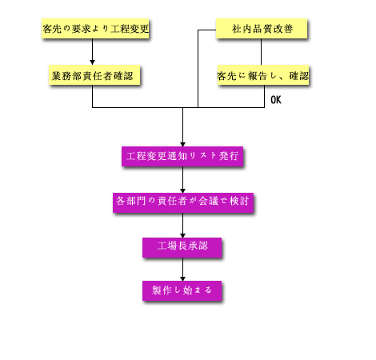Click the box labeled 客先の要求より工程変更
point(95,29)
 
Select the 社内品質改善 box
point(262,29)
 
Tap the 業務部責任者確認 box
point(94,75)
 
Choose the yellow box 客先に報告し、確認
point(263,75)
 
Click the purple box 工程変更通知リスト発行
point(182,156)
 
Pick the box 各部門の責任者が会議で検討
point(183,202)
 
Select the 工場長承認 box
point(182,247)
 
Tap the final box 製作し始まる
point(182,290)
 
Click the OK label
point(276,100)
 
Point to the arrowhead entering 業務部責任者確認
point(92,62)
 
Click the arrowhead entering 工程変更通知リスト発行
point(182,144)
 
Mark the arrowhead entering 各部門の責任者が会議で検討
point(182,190)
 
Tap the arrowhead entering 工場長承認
point(182,235)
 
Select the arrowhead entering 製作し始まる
point(182,278)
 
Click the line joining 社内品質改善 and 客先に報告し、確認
point(261,52)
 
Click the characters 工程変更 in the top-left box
point(130,29)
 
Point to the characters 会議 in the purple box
point(208,201)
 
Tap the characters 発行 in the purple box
point(229,156)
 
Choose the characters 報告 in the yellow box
point(258,76)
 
